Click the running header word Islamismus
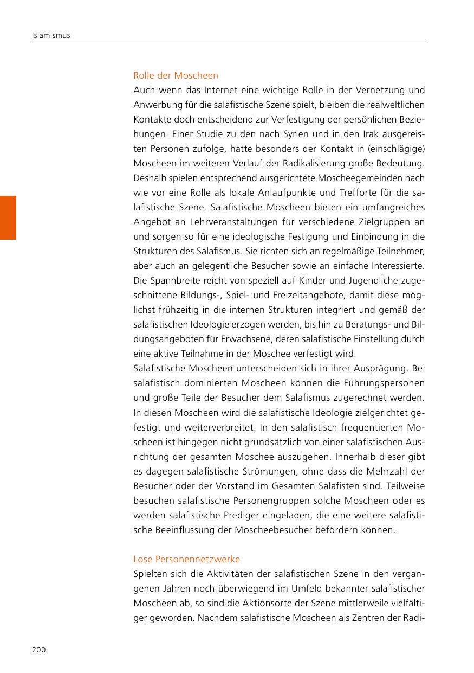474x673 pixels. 50,36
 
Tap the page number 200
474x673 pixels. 39,650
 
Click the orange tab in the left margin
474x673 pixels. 8,217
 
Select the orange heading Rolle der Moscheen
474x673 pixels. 176,75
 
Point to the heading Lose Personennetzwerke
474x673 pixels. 186,559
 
